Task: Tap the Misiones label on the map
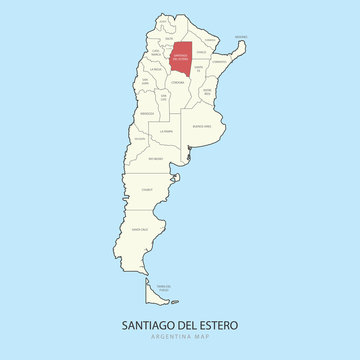[240, 37]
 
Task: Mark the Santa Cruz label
[142, 228]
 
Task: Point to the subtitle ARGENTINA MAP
[180, 341]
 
